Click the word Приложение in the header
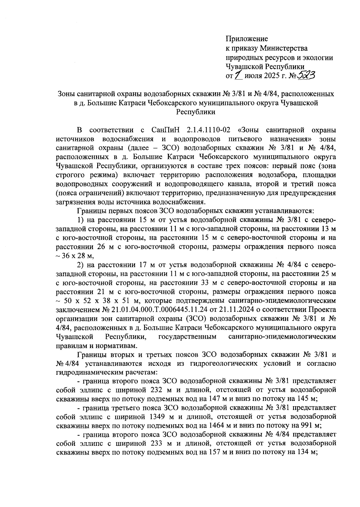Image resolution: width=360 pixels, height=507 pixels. tap(247, 39)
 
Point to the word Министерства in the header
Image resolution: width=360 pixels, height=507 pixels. tap(283, 48)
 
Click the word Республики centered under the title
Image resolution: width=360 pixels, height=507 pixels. tap(195, 112)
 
